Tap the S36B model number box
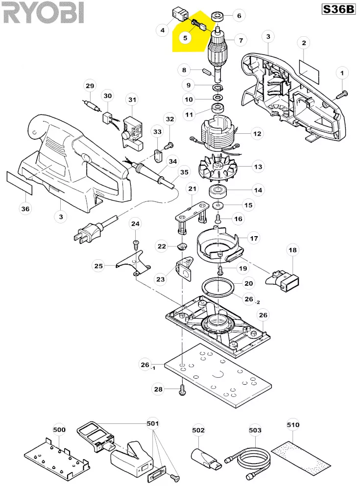338,9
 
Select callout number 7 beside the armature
240,40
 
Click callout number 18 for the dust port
292,250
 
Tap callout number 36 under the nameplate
25,209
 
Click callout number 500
59,430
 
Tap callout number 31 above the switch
133,99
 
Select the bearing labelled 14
218,191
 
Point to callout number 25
98,266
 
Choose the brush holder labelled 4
180,14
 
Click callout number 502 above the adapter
198,430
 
